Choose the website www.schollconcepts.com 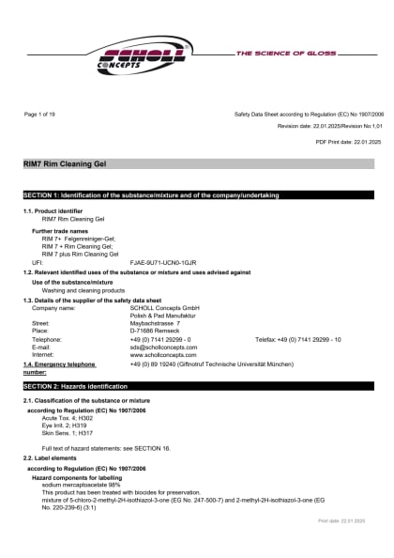(163, 355)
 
